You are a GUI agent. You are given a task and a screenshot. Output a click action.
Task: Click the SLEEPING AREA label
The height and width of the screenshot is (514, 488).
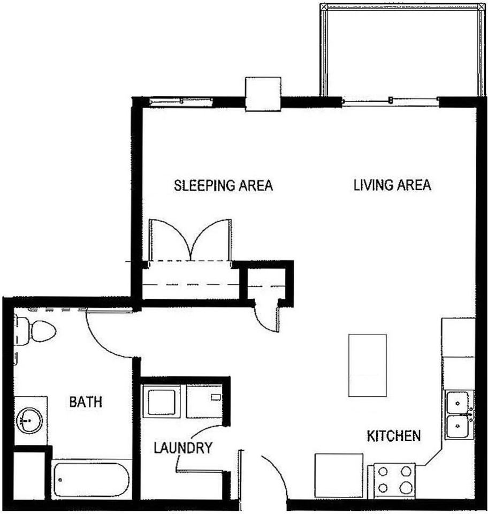tap(224, 186)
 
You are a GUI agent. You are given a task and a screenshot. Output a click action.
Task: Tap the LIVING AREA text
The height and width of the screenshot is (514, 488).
tap(392, 185)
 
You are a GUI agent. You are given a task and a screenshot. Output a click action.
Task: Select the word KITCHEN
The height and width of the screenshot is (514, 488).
tap(393, 435)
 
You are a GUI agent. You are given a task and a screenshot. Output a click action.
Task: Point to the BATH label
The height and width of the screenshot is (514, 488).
tap(86, 402)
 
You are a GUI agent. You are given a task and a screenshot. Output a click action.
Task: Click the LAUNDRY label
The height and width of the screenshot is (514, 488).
tap(184, 447)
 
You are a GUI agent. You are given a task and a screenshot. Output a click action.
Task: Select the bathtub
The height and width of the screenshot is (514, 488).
tap(91, 479)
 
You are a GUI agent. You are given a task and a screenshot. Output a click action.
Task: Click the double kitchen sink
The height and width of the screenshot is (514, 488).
tap(459, 414)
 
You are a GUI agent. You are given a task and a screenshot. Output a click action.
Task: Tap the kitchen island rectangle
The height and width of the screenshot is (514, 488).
tap(367, 365)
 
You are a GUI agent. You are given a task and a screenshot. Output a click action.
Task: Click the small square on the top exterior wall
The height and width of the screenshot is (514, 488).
tap(263, 94)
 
